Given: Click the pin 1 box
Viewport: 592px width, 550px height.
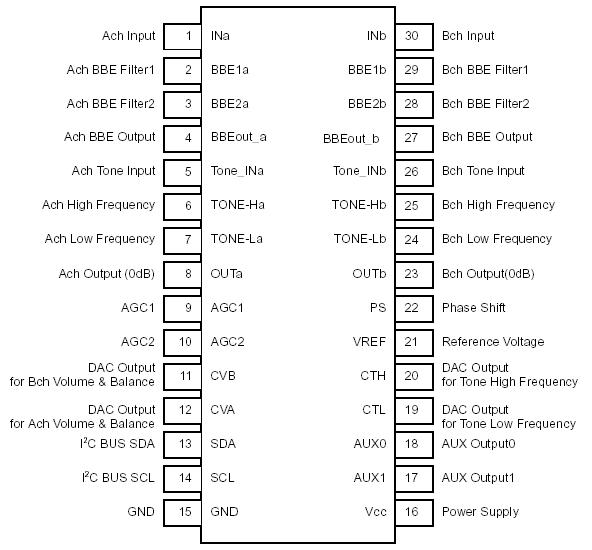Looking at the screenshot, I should [184, 36].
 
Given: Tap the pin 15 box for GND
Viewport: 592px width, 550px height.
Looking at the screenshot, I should [184, 512].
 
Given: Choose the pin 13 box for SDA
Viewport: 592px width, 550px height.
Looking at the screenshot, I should [184, 444].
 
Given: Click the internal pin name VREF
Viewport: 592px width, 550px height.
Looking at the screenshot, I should [368, 342].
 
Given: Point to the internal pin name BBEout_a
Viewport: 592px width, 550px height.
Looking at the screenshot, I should [238, 138].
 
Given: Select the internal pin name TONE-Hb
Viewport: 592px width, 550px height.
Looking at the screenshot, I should [359, 205].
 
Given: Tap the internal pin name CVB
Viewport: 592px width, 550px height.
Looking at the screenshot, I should [223, 376].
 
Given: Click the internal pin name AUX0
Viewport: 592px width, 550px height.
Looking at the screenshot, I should [369, 444].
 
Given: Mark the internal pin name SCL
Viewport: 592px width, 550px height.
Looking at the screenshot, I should [222, 478].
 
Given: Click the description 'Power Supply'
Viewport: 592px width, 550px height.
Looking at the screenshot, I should [480, 512].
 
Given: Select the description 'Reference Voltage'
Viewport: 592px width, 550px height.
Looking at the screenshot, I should [491, 342].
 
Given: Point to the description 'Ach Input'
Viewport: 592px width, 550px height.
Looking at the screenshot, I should [129, 36].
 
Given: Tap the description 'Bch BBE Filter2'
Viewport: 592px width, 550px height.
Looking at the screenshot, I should [485, 104].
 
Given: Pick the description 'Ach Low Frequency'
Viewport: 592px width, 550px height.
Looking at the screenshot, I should [100, 239].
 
